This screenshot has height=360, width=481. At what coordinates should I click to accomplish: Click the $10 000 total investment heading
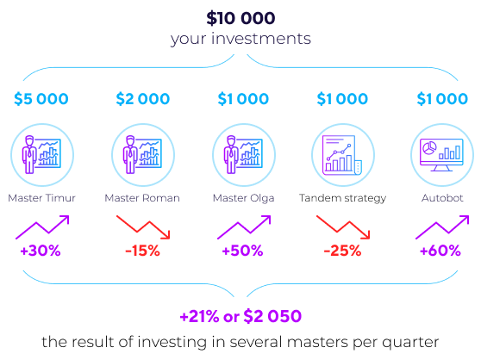click(240, 18)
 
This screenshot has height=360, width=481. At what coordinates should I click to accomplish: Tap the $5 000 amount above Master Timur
click(41, 99)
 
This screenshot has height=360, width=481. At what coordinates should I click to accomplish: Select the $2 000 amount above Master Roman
click(143, 99)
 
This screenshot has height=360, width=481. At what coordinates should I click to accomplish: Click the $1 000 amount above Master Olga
click(243, 99)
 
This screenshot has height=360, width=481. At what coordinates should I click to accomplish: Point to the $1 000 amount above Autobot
click(442, 99)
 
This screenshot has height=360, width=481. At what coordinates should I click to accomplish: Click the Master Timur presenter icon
click(42, 155)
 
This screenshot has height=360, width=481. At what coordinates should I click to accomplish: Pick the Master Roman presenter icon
click(143, 155)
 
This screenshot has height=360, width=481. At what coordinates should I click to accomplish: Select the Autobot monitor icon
click(442, 155)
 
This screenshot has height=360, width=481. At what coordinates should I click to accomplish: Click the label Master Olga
click(244, 199)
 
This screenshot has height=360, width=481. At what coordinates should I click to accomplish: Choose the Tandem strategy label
click(343, 199)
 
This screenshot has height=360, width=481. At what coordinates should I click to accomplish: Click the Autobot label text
click(442, 198)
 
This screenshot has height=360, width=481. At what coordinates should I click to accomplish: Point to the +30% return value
click(41, 251)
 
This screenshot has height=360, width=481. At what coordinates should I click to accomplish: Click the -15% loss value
click(142, 251)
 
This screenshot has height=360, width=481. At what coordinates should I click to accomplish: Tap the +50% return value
click(242, 251)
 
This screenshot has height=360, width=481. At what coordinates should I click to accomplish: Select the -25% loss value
click(343, 251)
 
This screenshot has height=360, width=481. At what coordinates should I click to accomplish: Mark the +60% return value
click(440, 251)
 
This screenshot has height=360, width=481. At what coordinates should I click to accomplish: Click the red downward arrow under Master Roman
click(144, 227)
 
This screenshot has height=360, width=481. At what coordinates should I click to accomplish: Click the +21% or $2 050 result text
click(240, 316)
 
